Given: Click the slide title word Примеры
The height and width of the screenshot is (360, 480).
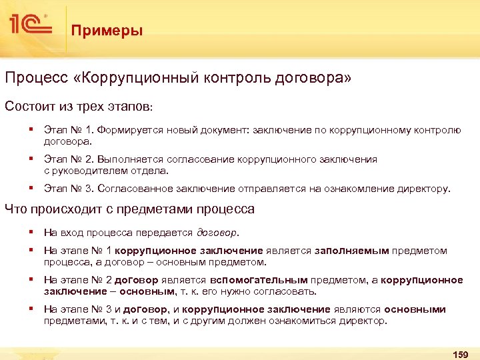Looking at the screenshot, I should click(x=107, y=31).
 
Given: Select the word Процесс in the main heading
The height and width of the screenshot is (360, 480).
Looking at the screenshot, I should click(x=34, y=79).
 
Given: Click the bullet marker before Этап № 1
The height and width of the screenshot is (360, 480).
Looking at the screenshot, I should click(x=31, y=130).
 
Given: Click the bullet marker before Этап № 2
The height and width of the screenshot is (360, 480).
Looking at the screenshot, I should click(x=31, y=159).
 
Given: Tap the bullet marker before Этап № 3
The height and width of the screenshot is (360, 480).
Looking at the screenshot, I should click(x=31, y=188).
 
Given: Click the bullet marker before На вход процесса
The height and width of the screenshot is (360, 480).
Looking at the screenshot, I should click(x=31, y=232).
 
